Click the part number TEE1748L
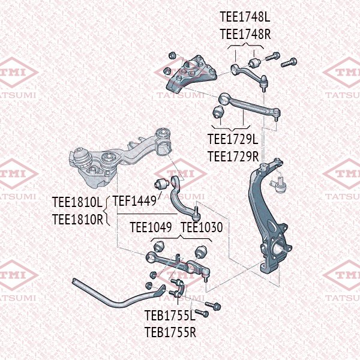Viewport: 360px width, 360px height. click(x=245, y=19)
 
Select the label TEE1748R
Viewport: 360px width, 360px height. click(x=245, y=34)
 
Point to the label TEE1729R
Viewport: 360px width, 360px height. click(x=233, y=157)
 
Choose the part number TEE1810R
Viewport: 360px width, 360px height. click(x=77, y=219)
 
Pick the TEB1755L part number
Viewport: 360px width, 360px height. click(x=170, y=315)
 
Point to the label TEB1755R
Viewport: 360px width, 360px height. click(x=170, y=331)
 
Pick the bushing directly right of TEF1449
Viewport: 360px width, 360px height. click(x=161, y=183)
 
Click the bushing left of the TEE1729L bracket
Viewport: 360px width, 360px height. click(x=218, y=112)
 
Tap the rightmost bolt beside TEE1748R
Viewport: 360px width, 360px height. click(x=290, y=62)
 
